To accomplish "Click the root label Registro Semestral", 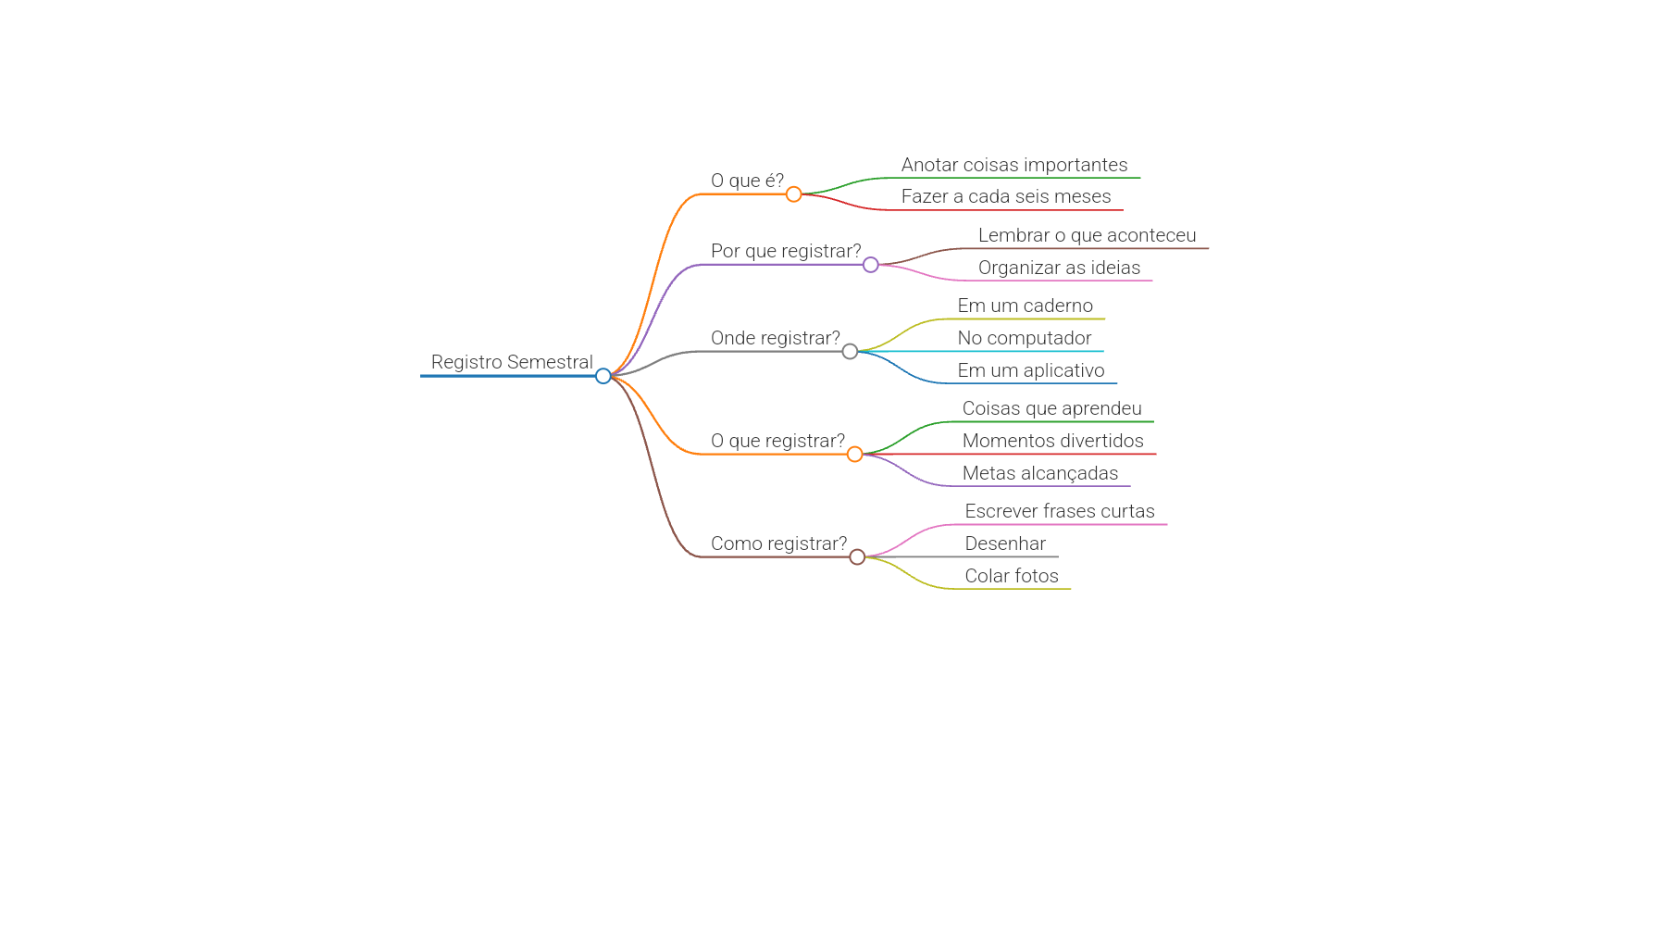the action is (512, 362).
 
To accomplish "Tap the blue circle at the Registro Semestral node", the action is (603, 376).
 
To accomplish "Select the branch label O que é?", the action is (747, 181).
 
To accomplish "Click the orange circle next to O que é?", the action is (794, 194).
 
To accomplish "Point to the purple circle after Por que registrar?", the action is (871, 265).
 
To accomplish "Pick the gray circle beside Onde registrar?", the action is (851, 352).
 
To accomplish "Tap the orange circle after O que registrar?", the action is (855, 455).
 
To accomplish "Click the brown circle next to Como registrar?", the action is (858, 557).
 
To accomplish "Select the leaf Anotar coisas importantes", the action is (1014, 165).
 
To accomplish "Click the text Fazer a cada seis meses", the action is (1006, 196).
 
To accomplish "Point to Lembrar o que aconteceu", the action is (1088, 235).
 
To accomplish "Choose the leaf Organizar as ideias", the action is (1060, 268).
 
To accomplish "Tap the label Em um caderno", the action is (1026, 306).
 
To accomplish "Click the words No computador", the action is (1025, 338).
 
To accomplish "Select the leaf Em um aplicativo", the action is (1031, 370).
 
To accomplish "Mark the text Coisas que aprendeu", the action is (1052, 408).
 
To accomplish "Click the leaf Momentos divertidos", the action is (1053, 441).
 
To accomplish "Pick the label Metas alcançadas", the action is (1040, 473).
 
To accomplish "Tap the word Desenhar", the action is (1005, 543).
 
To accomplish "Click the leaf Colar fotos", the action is (1012, 576).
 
